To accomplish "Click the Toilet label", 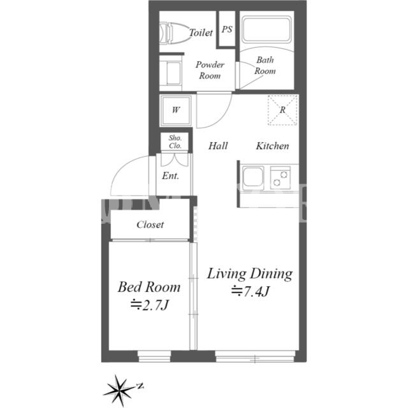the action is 201,33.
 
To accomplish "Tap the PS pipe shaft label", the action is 227,29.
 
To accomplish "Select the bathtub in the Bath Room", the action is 266,29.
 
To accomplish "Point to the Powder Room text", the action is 210,70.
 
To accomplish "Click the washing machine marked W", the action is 176,110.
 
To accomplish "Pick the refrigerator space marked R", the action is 282,110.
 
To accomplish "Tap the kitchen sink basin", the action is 252,177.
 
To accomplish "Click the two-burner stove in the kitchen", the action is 280,178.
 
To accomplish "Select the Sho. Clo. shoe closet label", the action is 175,142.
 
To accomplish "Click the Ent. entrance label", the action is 170,176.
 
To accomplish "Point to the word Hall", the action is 218,146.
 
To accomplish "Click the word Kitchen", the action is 272,146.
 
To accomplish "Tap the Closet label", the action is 150,224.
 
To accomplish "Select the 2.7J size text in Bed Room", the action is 150,305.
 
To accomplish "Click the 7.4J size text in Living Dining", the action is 250,291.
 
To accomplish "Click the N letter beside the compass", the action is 140,386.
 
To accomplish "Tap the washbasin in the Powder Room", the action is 170,73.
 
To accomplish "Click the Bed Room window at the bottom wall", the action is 154,356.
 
